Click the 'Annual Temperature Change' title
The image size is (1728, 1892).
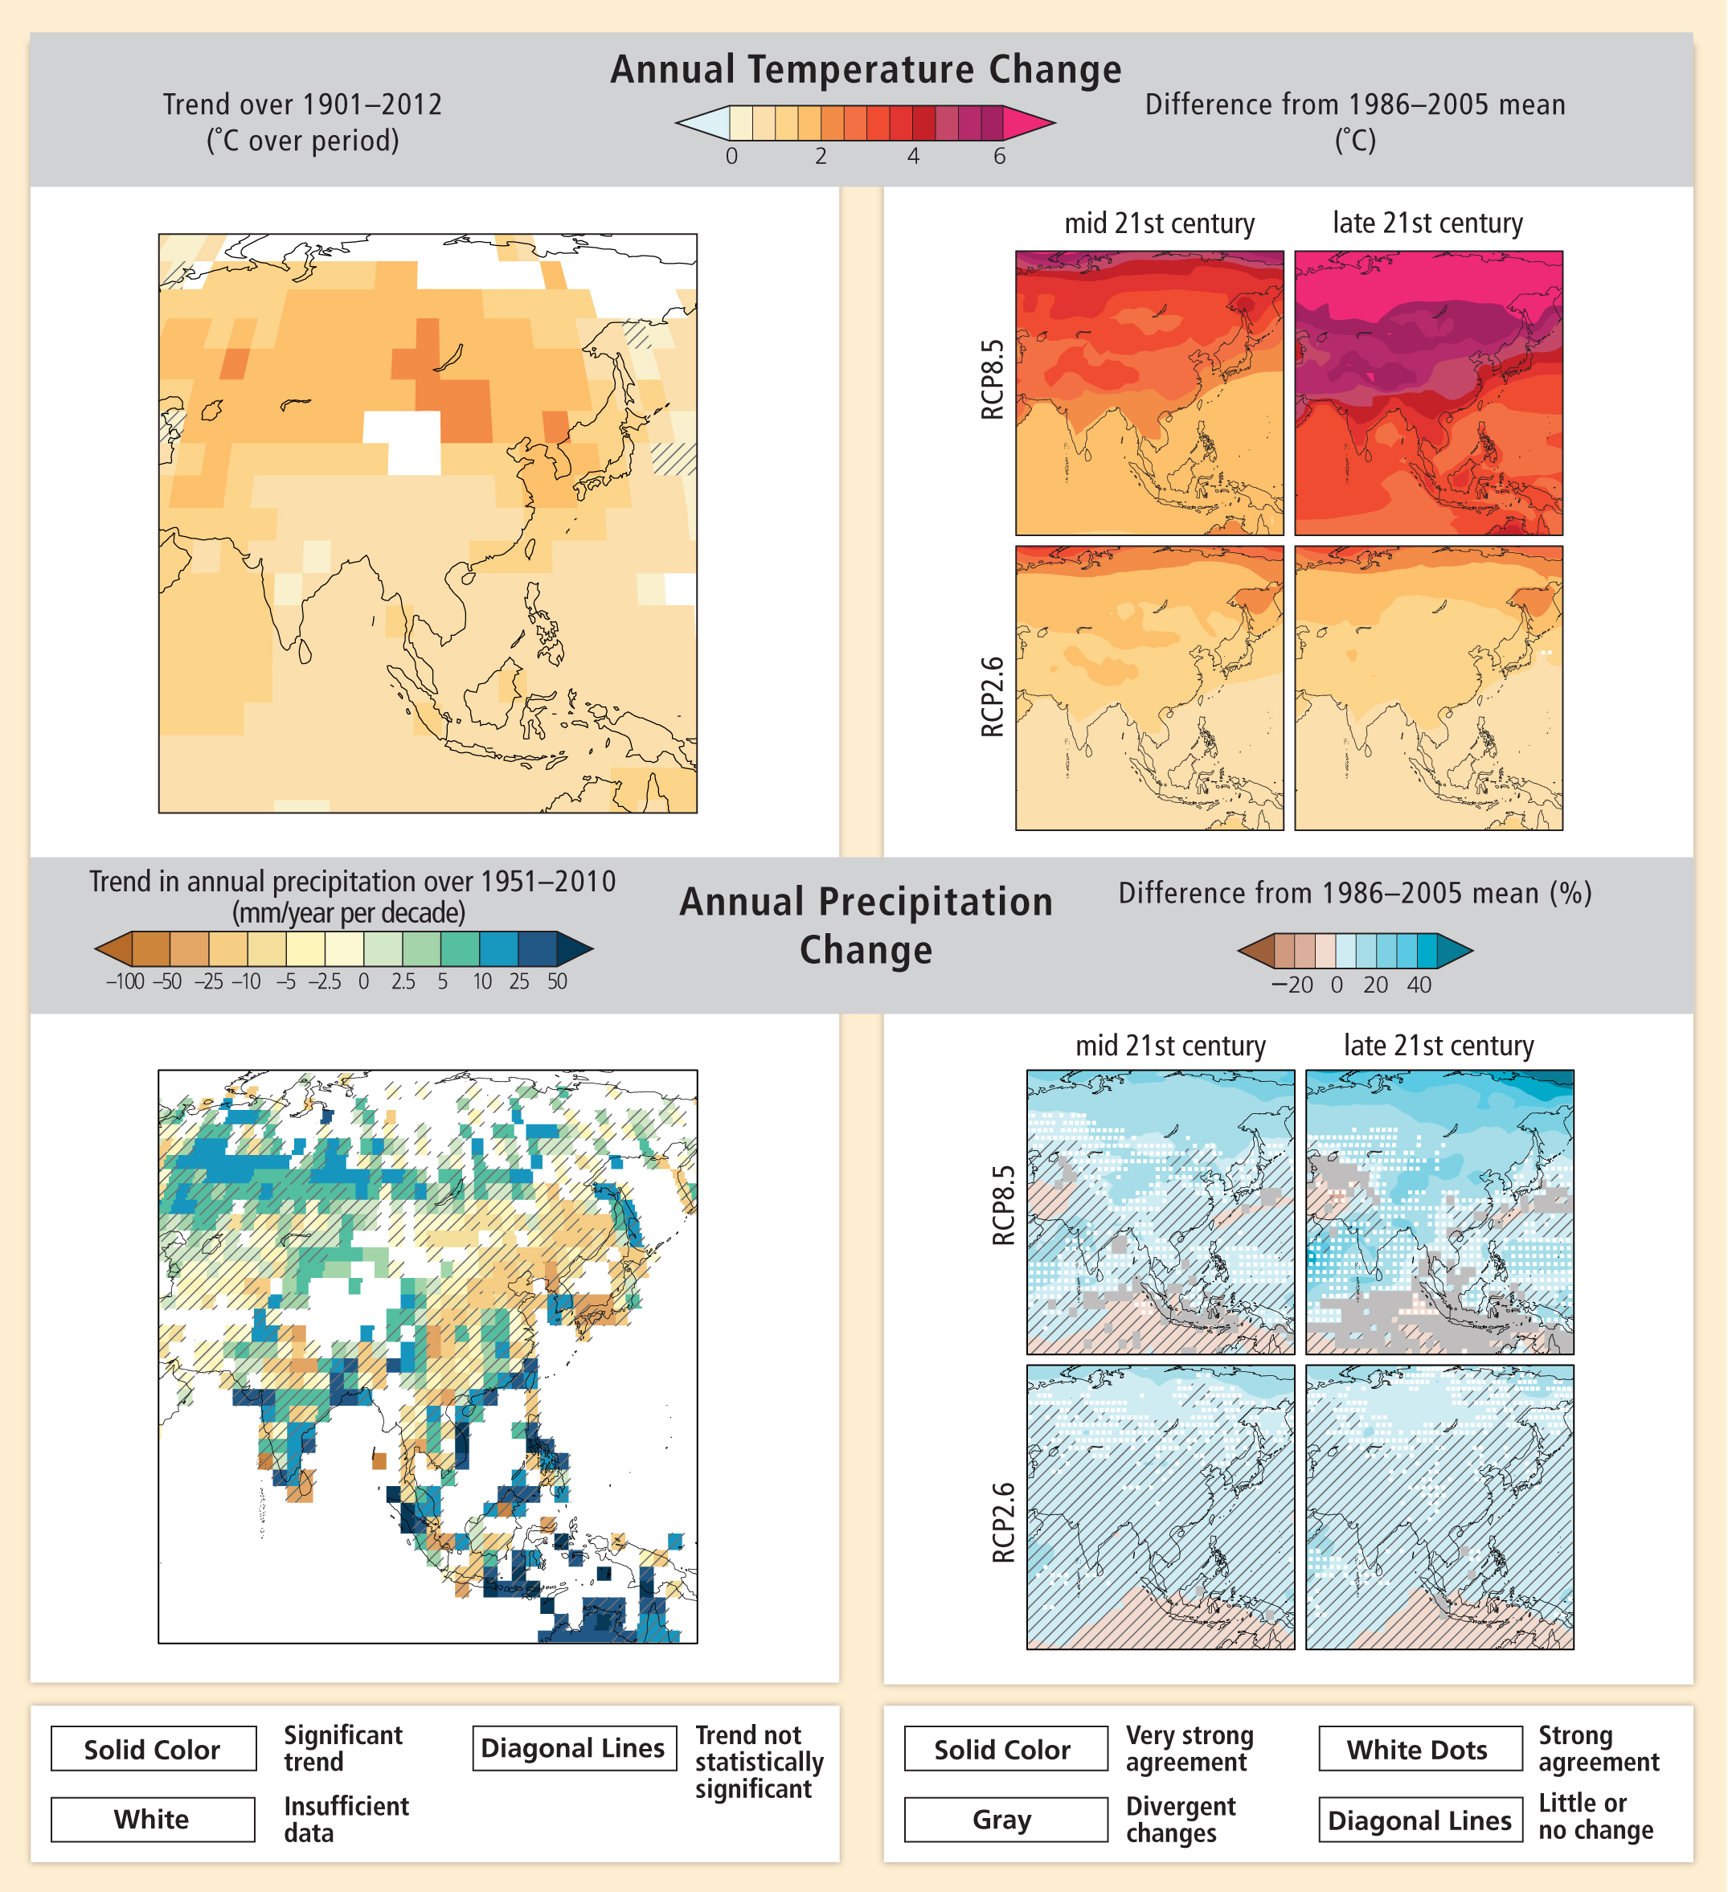866,69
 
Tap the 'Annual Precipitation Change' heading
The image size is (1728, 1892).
866,925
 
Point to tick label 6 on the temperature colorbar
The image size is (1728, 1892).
999,157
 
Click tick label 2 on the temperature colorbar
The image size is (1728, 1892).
821,157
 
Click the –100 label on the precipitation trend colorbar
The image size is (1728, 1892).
125,981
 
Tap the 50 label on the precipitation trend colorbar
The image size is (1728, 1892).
557,981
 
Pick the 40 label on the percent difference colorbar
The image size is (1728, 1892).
1419,985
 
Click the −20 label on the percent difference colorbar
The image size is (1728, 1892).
1292,985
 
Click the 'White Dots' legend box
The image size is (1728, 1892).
1419,1750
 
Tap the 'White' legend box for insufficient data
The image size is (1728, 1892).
152,1820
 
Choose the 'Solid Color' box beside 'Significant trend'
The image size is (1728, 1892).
153,1750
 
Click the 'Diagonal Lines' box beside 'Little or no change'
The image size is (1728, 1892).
1419,1820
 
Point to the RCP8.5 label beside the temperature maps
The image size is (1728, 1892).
992,379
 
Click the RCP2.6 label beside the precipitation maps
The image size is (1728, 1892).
1003,1522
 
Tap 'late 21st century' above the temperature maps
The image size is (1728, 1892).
1427,223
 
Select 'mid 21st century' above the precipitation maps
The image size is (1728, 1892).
1169,1046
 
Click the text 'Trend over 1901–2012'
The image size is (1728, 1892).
302,104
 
